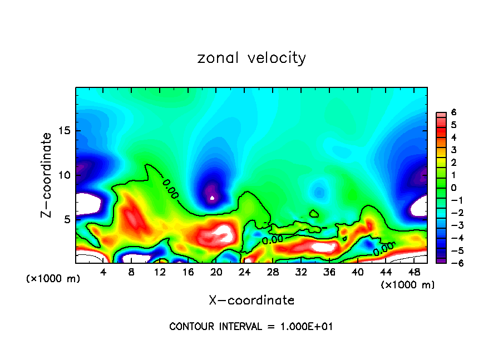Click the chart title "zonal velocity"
[251, 58]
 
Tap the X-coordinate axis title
[251, 301]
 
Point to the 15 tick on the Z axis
[65, 131]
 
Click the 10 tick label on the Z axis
[65, 175]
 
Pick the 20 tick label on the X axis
[216, 272]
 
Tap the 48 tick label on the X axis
[413, 272]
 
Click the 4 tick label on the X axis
[103, 272]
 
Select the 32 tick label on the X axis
[300, 272]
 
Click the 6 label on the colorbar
[453, 112]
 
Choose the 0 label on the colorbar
[453, 188]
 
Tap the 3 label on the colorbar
[453, 150]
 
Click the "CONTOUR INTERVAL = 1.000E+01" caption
[251, 327]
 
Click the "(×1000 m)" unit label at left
[53, 279]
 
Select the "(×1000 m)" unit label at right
[408, 284]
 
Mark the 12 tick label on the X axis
[160, 272]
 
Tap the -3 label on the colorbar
[452, 225]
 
